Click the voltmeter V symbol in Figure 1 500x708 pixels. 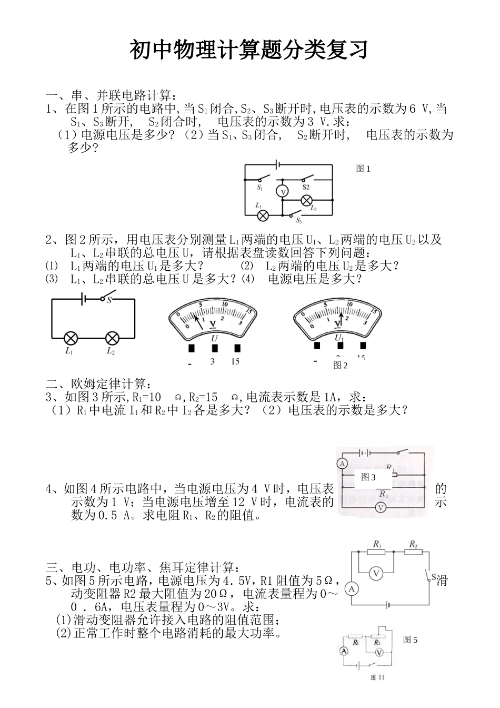coord(283,192)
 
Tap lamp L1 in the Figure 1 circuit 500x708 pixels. coord(263,215)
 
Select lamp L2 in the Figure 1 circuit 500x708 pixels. coord(306,200)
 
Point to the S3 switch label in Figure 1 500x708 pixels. coord(298,220)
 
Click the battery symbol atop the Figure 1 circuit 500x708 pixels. coord(278,164)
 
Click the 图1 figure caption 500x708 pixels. coord(363,169)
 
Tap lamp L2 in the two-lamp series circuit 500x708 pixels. coord(112,338)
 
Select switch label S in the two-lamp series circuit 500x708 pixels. coord(109,300)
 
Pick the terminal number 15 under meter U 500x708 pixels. coord(235,362)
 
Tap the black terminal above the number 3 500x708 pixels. coord(214,348)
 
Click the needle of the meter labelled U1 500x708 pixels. coord(341,319)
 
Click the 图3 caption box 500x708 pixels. coord(368,477)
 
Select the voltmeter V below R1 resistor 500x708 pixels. coord(375,574)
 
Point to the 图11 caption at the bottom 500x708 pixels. coord(377,677)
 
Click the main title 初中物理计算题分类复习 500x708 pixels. coord(248,51)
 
